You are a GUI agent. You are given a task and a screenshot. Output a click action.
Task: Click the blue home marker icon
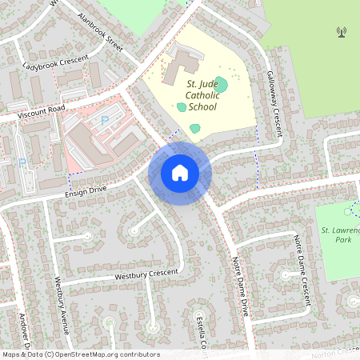pos(180,173)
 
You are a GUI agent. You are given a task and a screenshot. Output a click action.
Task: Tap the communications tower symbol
pos(342,33)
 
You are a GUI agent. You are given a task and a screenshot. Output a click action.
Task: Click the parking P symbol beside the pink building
pos(104,119)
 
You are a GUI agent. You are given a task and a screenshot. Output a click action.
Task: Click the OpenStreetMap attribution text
pos(80,354)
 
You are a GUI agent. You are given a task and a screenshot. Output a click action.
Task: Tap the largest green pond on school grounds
pos(222,84)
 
